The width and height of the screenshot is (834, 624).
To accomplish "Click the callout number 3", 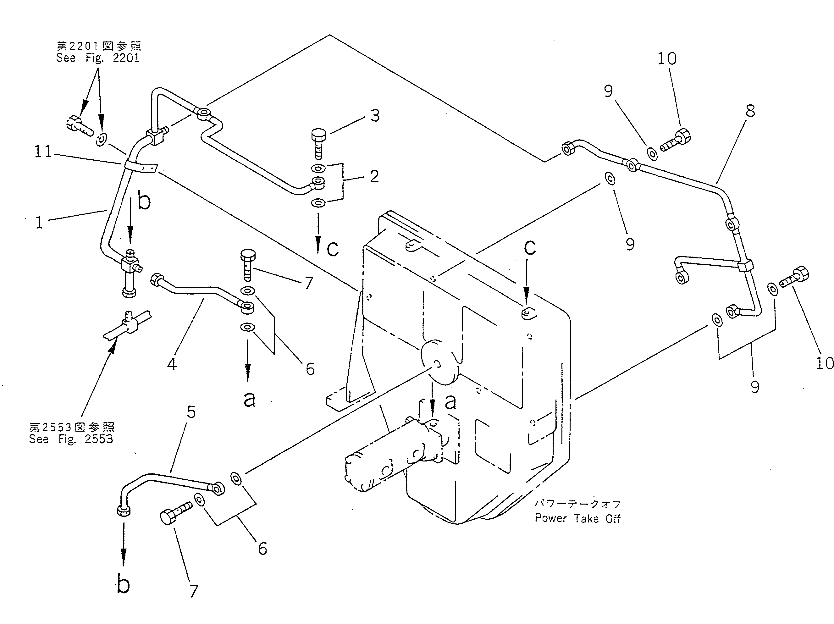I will coord(375,116).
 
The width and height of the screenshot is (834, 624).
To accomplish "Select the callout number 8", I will coord(750,111).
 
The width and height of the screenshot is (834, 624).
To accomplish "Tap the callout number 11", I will coord(43,152).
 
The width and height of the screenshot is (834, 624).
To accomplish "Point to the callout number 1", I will coord(39,223).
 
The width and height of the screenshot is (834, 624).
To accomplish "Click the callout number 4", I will coord(172,364).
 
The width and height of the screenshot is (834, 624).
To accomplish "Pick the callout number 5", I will coord(191,412).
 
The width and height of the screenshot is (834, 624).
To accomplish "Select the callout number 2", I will coord(374,176).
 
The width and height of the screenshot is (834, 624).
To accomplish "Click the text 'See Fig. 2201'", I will coord(98,58).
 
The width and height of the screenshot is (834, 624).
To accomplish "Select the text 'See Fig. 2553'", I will coord(71,439).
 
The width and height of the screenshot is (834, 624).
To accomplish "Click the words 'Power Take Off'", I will coord(577,518).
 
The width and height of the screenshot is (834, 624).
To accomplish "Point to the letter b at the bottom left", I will coord(123,584).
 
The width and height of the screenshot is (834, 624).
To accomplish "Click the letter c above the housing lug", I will coord(530,247).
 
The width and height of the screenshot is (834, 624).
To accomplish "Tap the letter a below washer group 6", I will coord(249,399).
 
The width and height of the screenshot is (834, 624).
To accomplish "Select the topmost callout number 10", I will coord(667,58).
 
